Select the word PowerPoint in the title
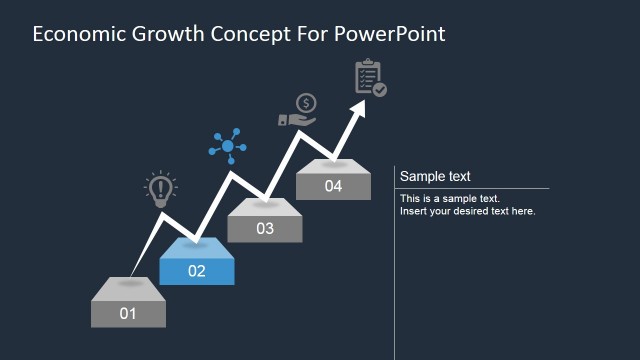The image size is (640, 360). [390, 34]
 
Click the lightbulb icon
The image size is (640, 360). [160, 190]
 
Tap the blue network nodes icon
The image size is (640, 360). [228, 147]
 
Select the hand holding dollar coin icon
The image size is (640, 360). [298, 112]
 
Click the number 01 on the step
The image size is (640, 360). [128, 313]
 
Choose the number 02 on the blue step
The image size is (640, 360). [197, 271]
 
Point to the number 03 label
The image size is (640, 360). [265, 229]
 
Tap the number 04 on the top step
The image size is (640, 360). [333, 186]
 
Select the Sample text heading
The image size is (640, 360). [435, 177]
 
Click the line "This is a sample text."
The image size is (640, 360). [450, 199]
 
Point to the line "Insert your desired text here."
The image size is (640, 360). [468, 211]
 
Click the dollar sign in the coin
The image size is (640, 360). [306, 103]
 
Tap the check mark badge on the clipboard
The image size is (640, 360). [379, 89]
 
